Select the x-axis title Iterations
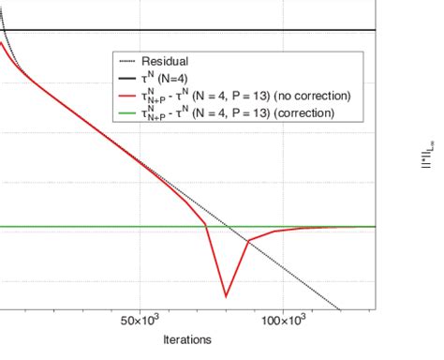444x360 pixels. point(185,339)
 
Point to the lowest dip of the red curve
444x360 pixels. point(227,296)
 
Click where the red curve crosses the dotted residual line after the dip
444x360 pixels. point(249,241)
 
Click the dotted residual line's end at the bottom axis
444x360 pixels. point(342,308)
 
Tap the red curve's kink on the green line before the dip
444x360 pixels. point(206,226)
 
